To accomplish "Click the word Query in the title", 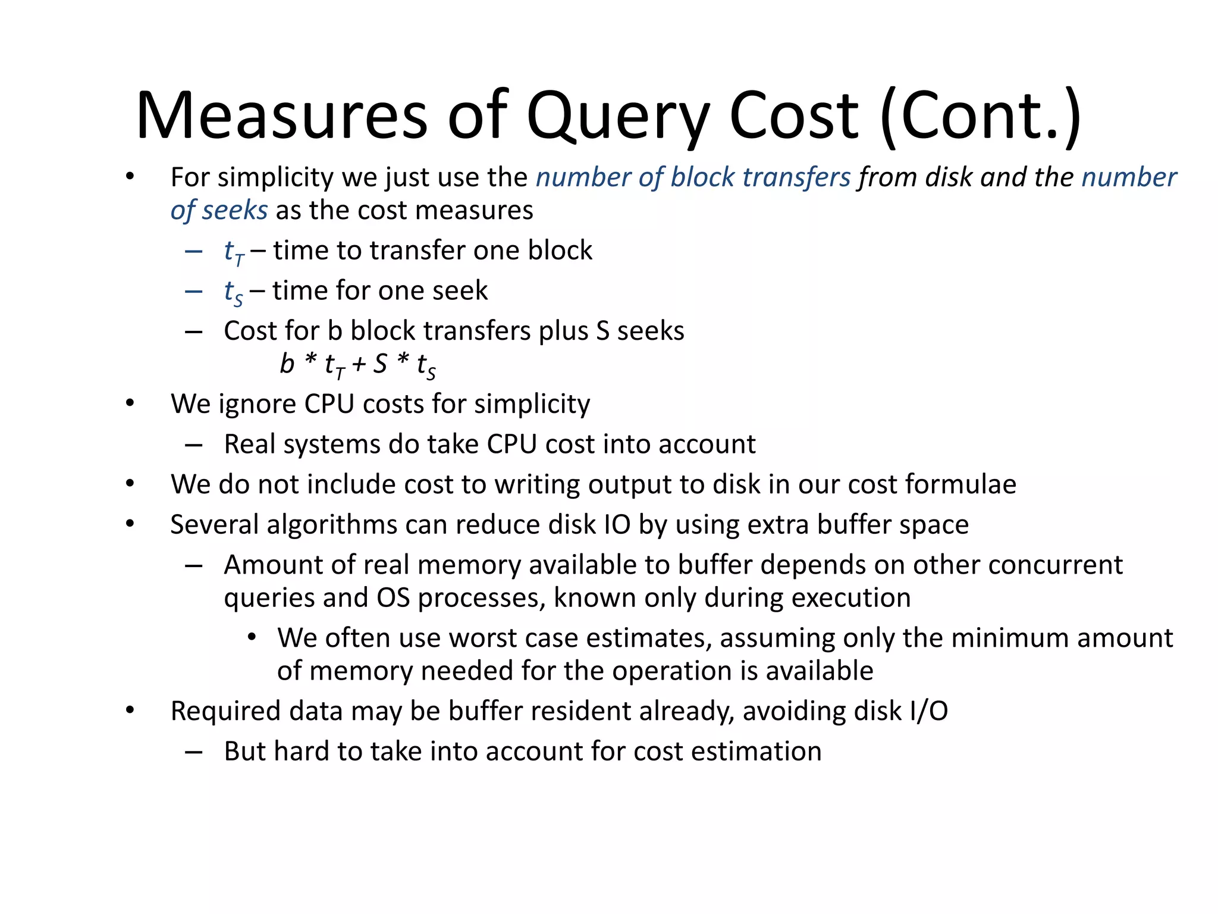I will tap(619, 116).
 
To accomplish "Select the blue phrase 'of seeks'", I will tap(219, 211).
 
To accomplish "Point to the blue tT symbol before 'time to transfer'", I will tap(234, 252).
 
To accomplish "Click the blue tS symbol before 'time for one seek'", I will tap(233, 292).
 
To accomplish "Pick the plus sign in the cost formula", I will tap(359, 364).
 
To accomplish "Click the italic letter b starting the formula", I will tap(287, 364).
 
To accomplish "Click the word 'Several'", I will tap(214, 525).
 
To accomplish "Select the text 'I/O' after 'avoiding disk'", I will tap(928, 711).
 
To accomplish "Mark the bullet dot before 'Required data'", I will tap(130, 710).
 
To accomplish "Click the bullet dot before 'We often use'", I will tap(252, 637).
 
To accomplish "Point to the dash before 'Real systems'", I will tap(194, 445).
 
